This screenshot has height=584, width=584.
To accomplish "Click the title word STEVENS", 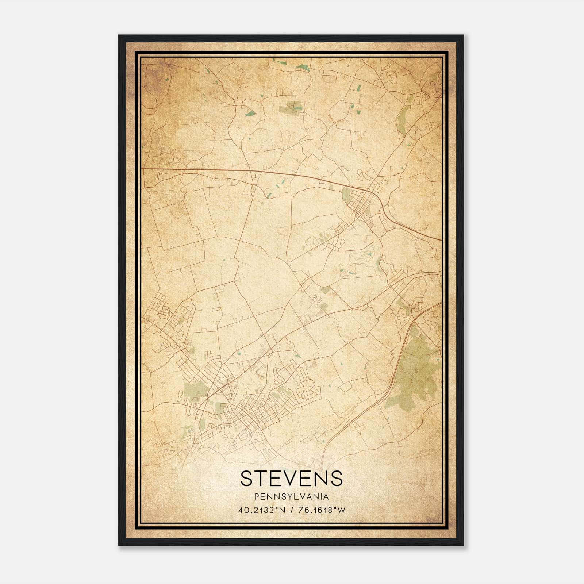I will click(292, 478).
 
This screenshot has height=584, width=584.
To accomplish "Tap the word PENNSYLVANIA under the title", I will click(292, 497).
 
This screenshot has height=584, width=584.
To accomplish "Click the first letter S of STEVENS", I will click(246, 478).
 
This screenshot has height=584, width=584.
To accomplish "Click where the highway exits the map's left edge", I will click(142, 169).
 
